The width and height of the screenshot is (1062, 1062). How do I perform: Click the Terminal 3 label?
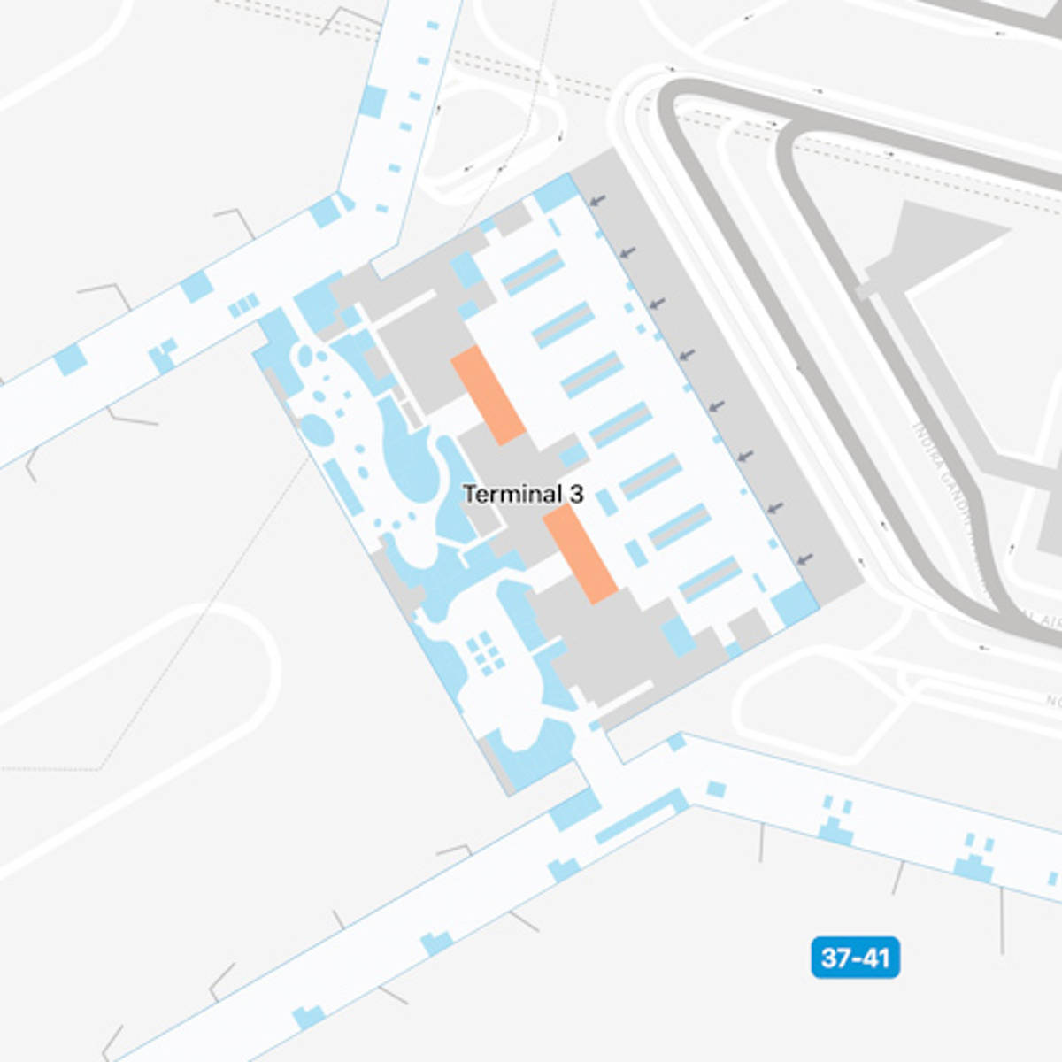tap(523, 494)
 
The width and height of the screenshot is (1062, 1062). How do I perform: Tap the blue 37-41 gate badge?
tap(855, 958)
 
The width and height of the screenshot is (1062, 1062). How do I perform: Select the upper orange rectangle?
tap(489, 395)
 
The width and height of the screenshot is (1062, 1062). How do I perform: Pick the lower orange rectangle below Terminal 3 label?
tap(580, 555)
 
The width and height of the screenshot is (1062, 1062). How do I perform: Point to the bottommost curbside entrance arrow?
tap(804, 559)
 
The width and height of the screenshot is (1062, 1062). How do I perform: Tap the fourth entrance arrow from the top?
tap(687, 356)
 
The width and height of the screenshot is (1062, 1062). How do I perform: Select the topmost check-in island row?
tap(532, 273)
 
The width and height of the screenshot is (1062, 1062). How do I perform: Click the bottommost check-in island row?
tap(711, 579)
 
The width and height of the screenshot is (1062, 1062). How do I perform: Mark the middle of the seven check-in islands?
tap(620, 425)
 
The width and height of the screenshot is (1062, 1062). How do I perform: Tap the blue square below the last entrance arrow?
tap(793, 604)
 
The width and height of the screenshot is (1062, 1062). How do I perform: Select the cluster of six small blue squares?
tap(484, 652)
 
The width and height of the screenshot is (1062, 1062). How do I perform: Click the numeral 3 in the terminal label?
tap(576, 494)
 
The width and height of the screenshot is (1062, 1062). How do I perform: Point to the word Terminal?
tap(512, 494)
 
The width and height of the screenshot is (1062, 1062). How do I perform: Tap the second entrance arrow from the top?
tap(628, 253)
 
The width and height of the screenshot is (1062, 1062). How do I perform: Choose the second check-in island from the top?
tap(562, 325)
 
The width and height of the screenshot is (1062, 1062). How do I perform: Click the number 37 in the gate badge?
tap(836, 958)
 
